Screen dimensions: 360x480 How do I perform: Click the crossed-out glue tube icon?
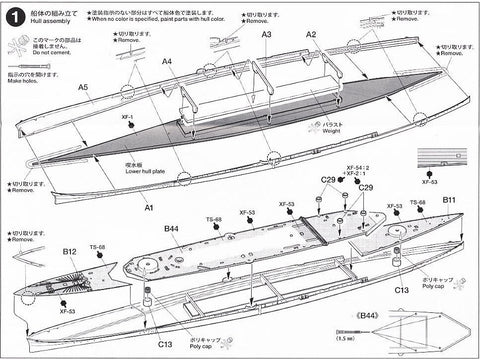[20, 44]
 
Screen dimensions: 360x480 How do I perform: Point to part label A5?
[83, 87]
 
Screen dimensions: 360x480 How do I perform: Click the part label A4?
[167, 61]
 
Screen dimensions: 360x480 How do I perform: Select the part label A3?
[266, 34]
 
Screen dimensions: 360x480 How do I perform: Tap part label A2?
[311, 34]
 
